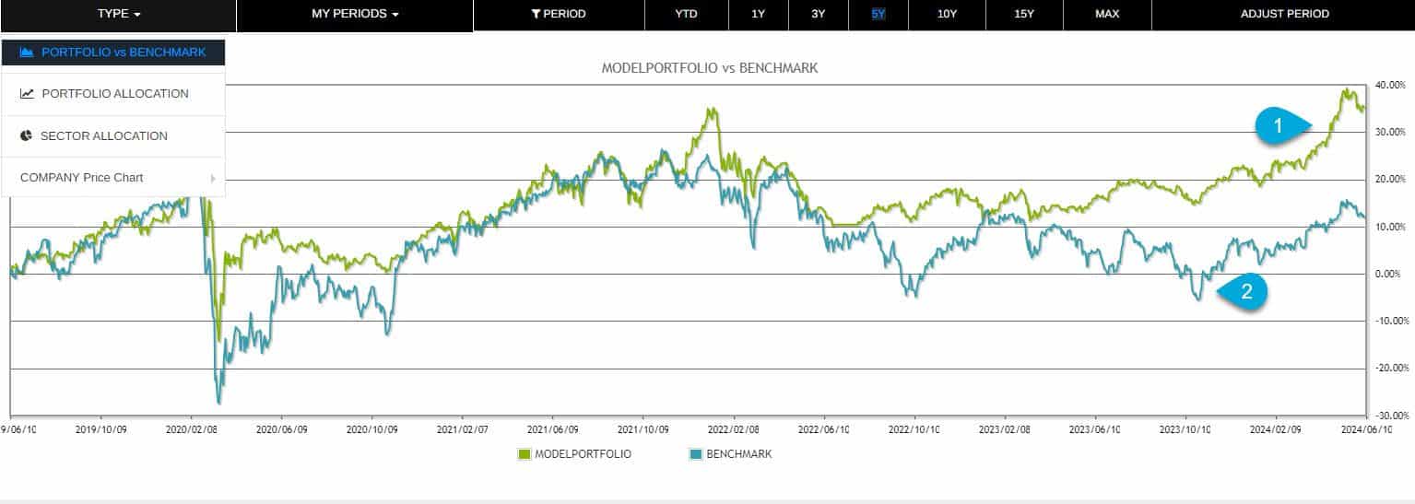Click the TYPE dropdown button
coord(118,14)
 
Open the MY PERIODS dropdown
coord(355,14)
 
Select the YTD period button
coord(686,14)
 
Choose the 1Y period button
coord(758,14)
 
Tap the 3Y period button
coord(819,14)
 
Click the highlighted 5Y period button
coord(878,14)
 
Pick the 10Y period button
coord(947,14)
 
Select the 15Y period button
coord(1023,14)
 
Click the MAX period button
coord(1107,14)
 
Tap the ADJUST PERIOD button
coord(1284,14)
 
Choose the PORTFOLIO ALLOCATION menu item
coord(113,93)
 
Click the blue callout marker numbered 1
coord(1280,125)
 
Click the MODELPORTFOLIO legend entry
coord(574,454)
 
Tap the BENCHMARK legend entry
coord(730,454)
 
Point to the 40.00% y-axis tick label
coord(1390,85)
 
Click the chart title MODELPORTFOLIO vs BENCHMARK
coord(709,68)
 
